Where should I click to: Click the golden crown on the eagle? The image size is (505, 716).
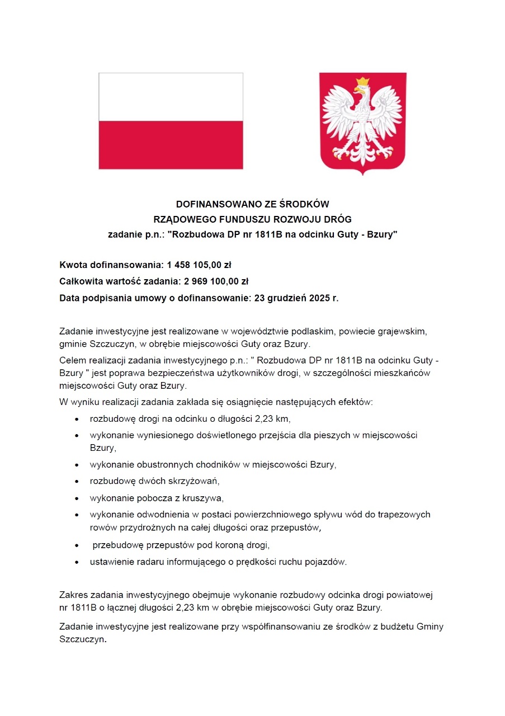(x=363, y=82)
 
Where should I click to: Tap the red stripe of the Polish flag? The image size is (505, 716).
(x=171, y=145)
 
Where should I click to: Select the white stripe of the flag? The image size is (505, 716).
(x=171, y=97)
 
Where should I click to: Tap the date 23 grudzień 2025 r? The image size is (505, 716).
(x=296, y=298)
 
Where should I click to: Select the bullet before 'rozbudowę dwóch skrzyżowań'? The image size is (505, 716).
(x=75, y=481)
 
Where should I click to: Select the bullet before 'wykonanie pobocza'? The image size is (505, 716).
(x=75, y=498)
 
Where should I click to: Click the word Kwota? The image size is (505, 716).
(x=73, y=264)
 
